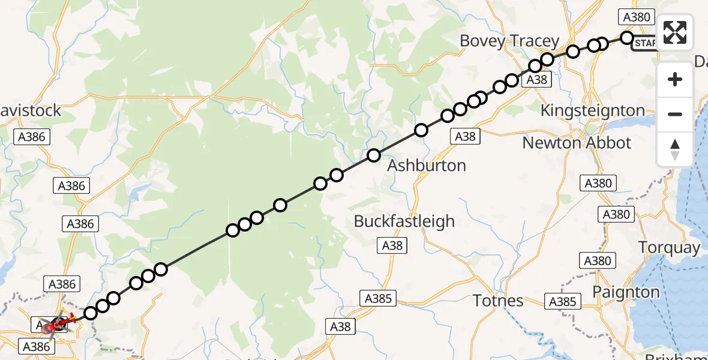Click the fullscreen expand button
coord(675,32)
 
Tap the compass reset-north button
coord(675,149)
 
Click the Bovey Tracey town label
coord(509,41)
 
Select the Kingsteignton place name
coord(592,110)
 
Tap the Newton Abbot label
coord(577,143)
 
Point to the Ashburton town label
coord(427,166)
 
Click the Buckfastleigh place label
coord(404,221)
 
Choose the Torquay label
coord(669,247)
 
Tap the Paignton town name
coord(625,292)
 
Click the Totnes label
coord(499,300)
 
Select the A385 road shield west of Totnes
coord(378,298)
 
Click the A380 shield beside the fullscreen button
coord(637,17)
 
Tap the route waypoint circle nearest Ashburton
coord(374,156)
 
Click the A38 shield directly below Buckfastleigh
coord(392,245)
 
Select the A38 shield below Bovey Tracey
coord(536,80)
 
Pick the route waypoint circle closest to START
coord(626,38)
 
